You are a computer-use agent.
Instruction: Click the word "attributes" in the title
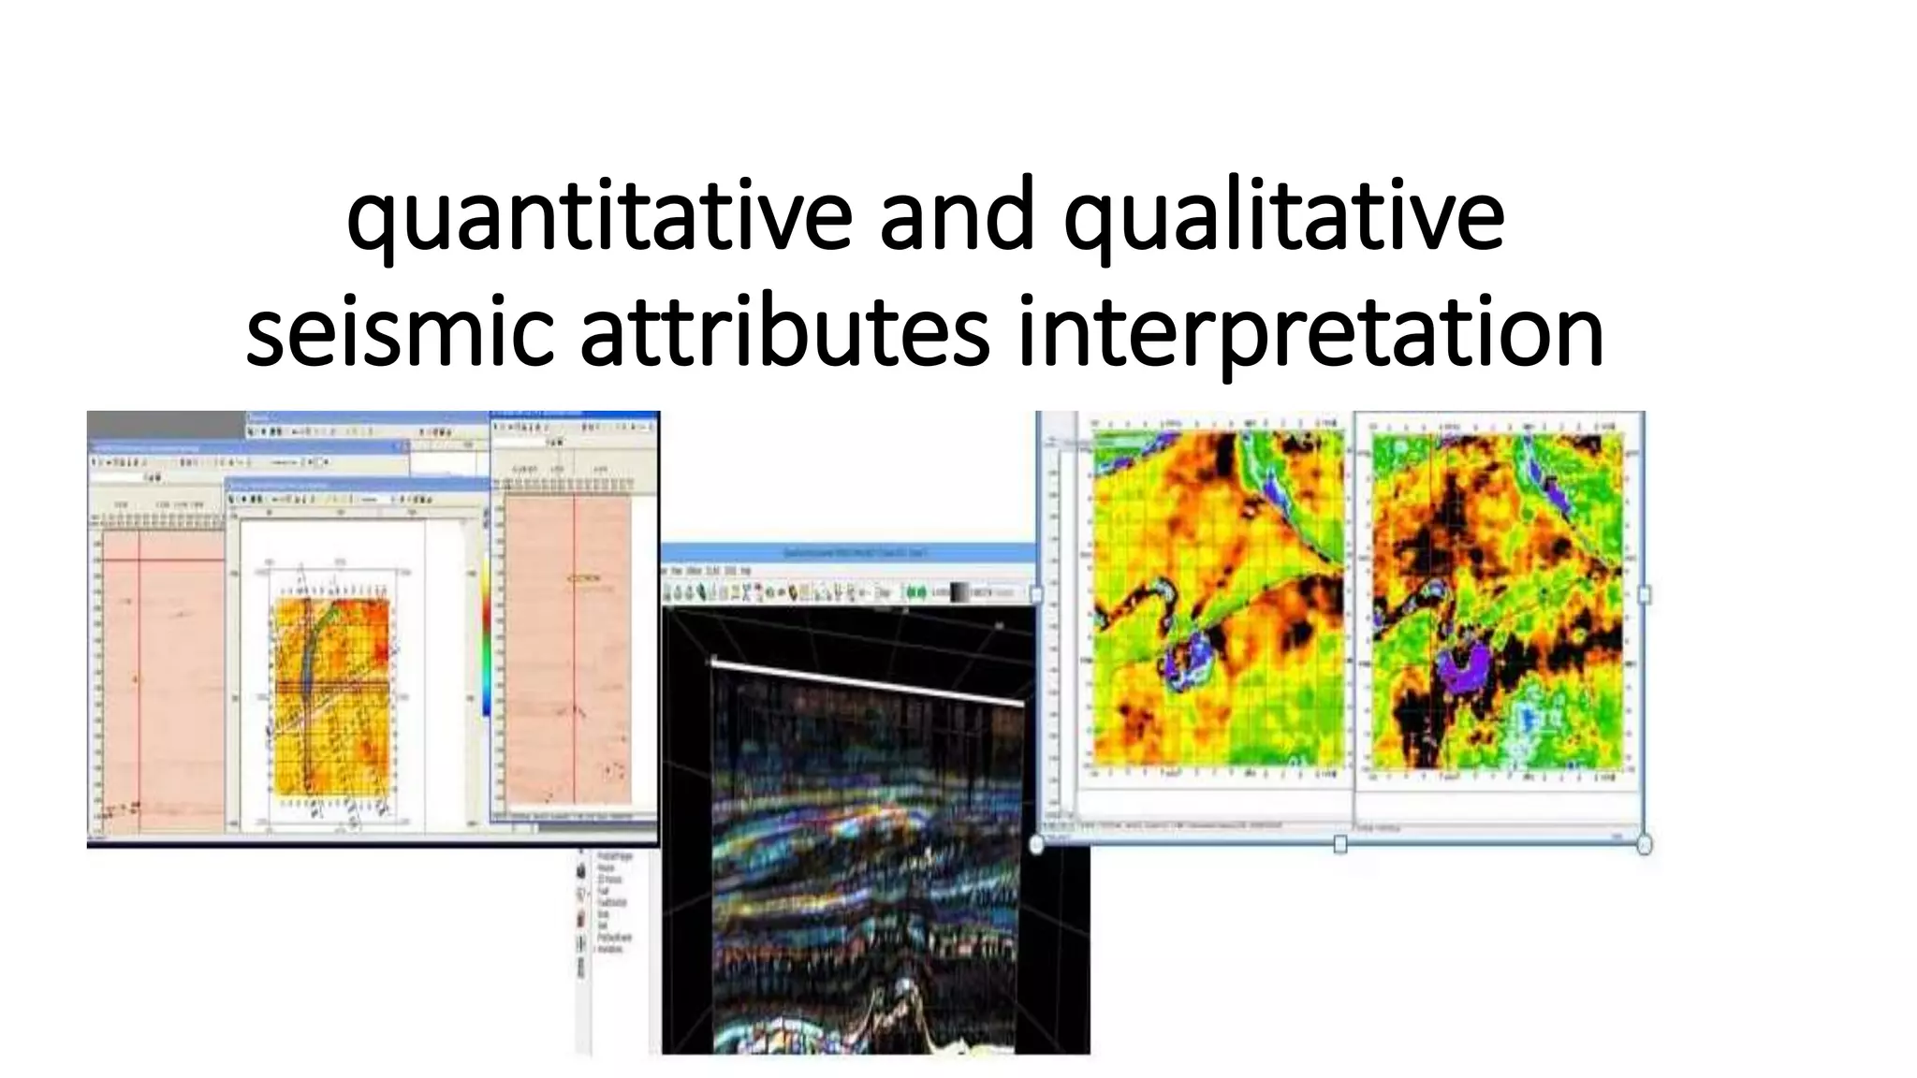[784, 332]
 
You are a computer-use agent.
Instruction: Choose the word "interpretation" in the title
[1310, 332]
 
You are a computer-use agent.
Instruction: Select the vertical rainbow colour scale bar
[487, 636]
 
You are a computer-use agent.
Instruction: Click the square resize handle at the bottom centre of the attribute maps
[1340, 844]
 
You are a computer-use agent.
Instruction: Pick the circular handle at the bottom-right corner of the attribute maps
[1645, 844]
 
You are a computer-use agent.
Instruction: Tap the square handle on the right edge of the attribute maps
[1645, 594]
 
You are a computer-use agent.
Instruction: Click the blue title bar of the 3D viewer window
[848, 554]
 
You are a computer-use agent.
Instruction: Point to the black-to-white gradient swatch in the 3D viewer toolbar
[960, 592]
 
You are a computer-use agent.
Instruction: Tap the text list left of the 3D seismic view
[614, 903]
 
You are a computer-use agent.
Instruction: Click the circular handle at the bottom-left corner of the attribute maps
[1036, 844]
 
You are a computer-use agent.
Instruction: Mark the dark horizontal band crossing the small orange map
[332, 688]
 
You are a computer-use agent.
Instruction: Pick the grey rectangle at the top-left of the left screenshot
[166, 425]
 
